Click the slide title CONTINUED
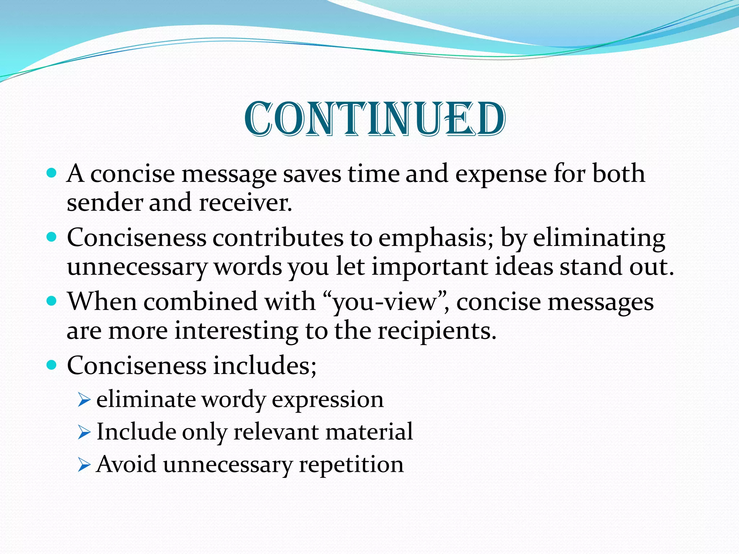(x=375, y=119)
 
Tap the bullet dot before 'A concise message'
(x=52, y=173)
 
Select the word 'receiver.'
(x=245, y=203)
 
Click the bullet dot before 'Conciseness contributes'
(x=52, y=237)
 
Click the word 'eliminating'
(x=599, y=238)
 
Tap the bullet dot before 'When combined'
(x=52, y=301)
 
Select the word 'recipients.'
(x=437, y=331)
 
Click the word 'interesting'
(x=236, y=331)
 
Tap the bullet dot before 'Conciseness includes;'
(x=52, y=365)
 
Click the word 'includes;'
(x=264, y=366)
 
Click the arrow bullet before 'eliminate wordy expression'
(x=84, y=400)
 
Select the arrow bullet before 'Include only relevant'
(x=84, y=432)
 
